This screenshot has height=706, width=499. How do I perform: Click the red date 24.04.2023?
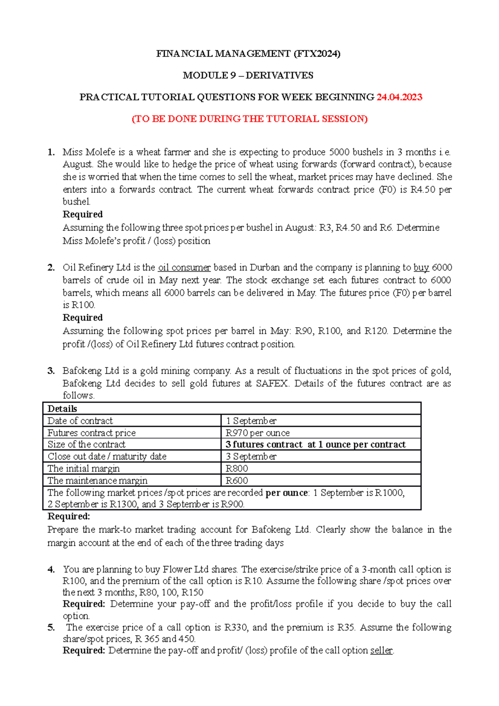click(399, 97)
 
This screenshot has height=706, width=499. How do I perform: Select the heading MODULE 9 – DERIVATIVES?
click(248, 75)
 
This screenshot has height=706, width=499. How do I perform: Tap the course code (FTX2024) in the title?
click(317, 54)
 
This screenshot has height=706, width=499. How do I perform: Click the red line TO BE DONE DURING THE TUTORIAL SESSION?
click(249, 119)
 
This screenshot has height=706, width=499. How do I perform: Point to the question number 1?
click(51, 152)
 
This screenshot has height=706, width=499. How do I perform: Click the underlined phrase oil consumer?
click(184, 267)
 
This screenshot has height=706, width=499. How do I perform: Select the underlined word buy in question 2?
click(421, 267)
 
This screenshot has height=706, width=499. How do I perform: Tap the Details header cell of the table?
click(62, 408)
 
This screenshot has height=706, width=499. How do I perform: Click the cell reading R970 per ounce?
click(257, 433)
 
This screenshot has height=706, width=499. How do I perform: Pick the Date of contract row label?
click(80, 421)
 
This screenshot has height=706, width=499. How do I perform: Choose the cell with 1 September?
click(251, 421)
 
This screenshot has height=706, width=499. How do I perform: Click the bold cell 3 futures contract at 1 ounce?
click(315, 444)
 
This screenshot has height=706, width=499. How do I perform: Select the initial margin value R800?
click(237, 469)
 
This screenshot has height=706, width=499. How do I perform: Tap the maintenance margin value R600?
click(237, 481)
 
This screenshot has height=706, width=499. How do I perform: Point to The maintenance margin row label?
click(97, 481)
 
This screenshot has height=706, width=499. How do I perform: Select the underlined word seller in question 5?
click(381, 650)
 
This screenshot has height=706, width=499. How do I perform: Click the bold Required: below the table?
click(69, 516)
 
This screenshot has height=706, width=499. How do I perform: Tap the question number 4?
click(51, 570)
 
